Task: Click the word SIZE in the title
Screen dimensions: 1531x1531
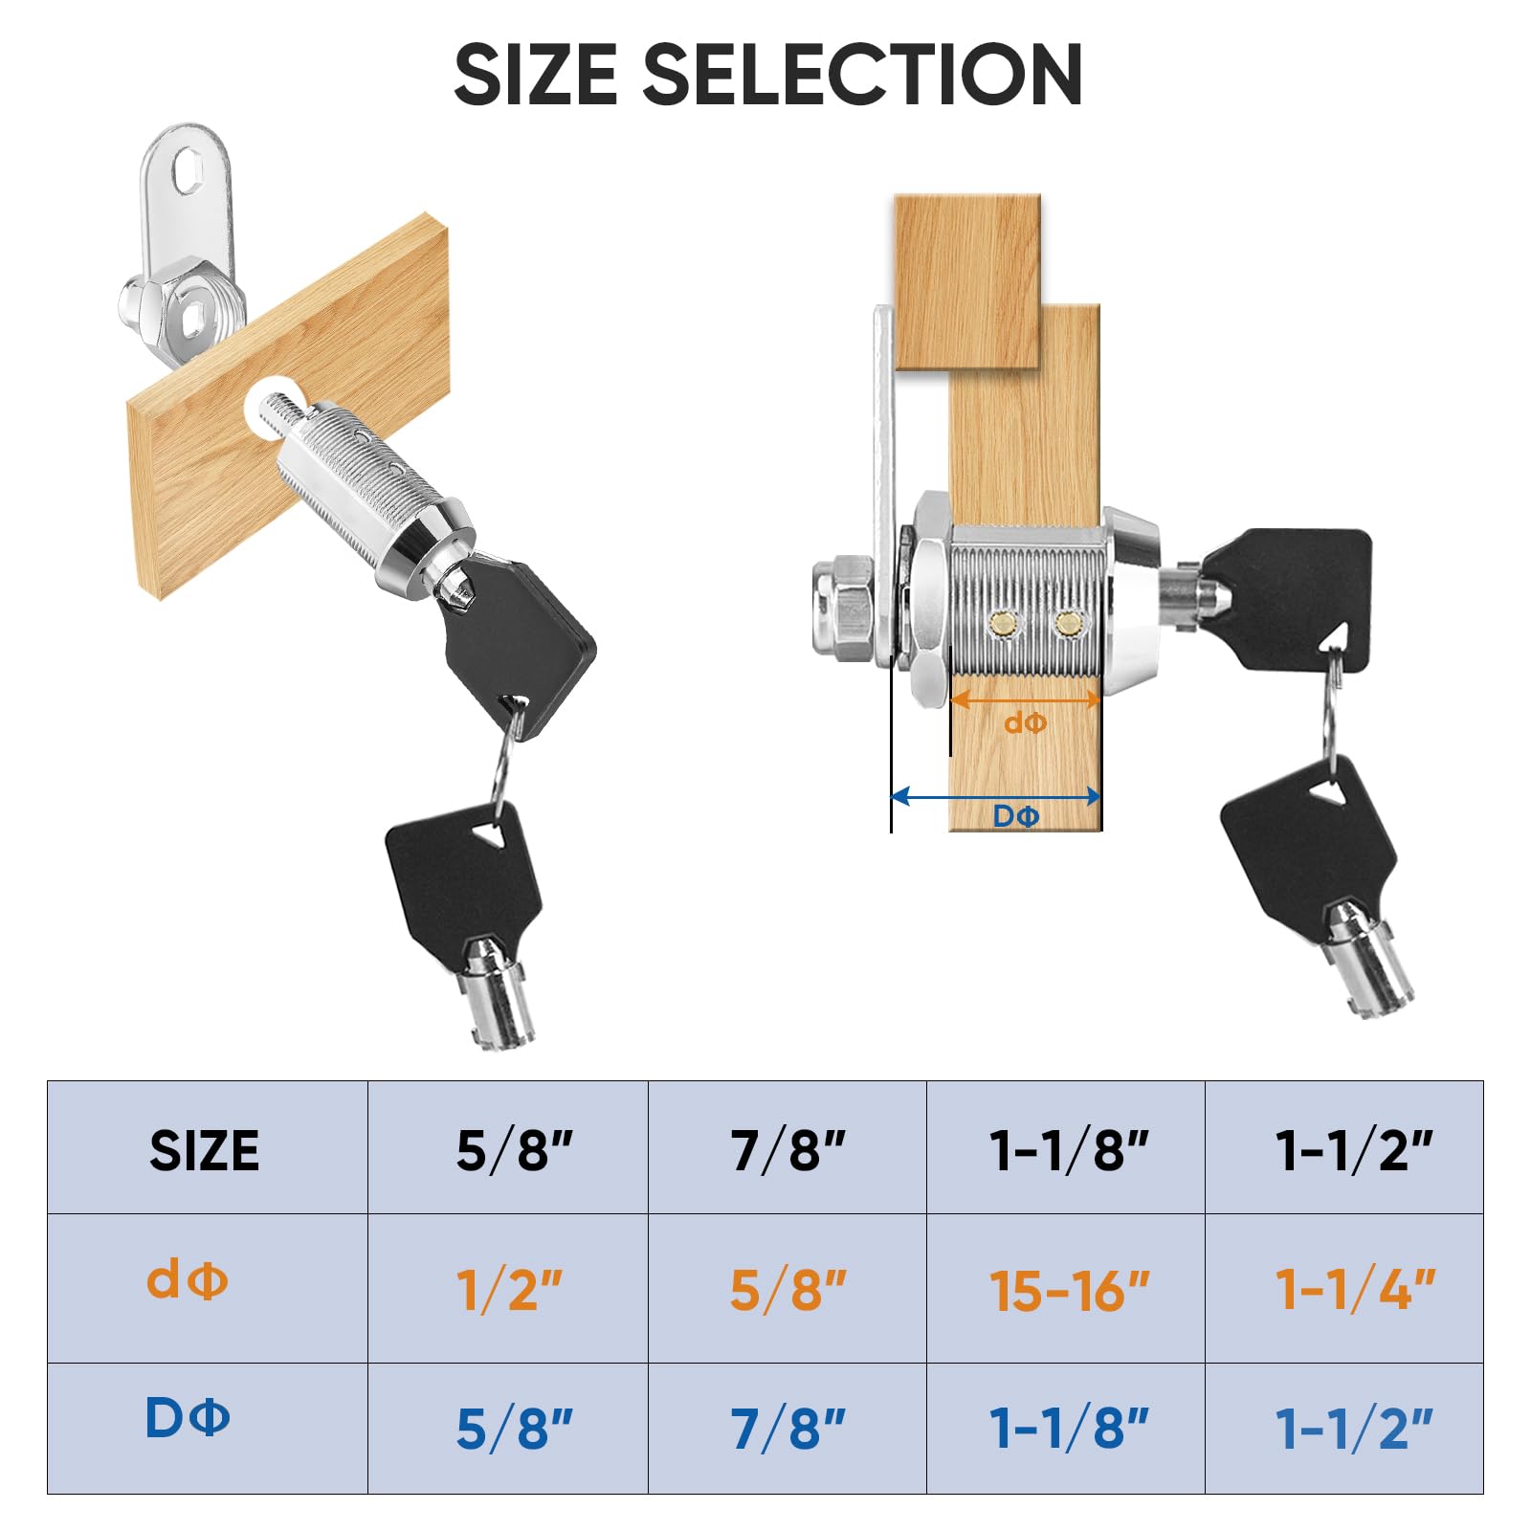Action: pyautogui.click(x=536, y=75)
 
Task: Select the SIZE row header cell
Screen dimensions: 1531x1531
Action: pyautogui.click(x=207, y=1148)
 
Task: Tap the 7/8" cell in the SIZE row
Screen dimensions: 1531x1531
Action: pyautogui.click(x=788, y=1148)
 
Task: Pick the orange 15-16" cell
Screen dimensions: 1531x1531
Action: pyautogui.click(x=1066, y=1289)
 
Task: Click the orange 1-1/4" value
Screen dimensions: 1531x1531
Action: pyautogui.click(x=1355, y=1289)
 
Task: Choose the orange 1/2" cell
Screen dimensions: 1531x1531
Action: pyautogui.click(x=508, y=1289)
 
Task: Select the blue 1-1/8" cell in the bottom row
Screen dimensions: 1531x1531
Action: pyautogui.click(x=1066, y=1428)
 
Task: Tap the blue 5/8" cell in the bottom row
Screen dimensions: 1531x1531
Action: pyautogui.click(x=508, y=1428)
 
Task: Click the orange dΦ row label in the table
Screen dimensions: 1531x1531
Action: pyautogui.click(x=188, y=1278)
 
